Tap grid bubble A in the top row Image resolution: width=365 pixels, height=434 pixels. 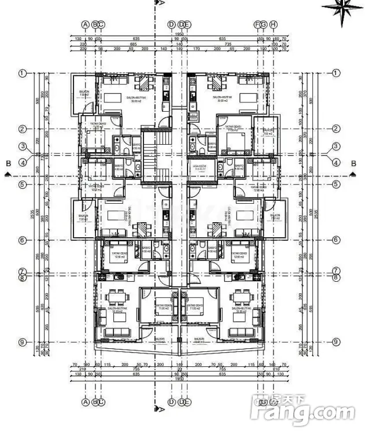[86, 24]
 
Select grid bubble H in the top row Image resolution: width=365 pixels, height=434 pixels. [274, 24]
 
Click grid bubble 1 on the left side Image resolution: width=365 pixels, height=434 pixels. [23, 73]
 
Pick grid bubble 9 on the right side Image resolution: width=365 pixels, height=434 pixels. [336, 342]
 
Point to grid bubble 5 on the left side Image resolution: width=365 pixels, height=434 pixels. [23, 185]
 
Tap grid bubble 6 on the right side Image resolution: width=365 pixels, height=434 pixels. [336, 240]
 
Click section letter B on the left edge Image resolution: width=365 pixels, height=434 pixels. [8, 164]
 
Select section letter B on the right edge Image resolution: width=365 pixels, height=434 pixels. [353, 164]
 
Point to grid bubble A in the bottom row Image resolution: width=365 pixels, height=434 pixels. [86, 402]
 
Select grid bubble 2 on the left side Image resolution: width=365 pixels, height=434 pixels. [23, 129]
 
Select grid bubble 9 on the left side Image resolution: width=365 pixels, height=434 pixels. [23, 342]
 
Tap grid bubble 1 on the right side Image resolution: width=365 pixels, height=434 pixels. [336, 73]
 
